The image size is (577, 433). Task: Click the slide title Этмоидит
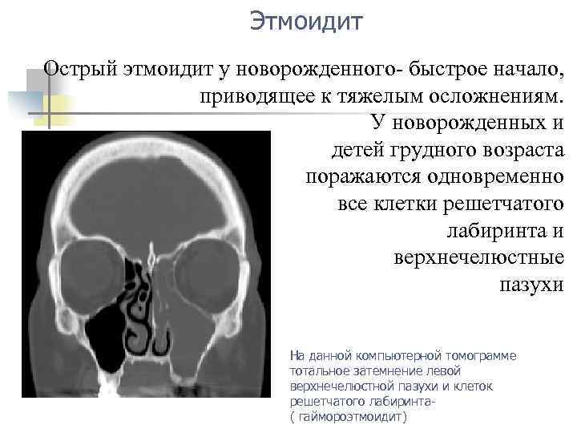click(305, 20)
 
